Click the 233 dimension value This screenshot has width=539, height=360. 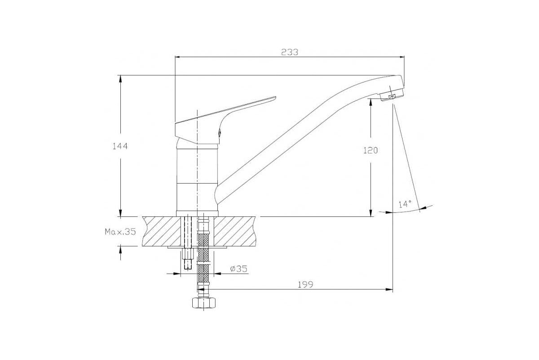pyautogui.click(x=289, y=52)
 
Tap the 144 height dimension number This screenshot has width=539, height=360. pyautogui.click(x=120, y=146)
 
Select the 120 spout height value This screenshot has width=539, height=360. pyautogui.click(x=370, y=150)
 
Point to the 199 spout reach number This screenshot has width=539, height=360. pyautogui.click(x=305, y=285)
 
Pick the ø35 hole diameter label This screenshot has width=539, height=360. pyautogui.click(x=239, y=269)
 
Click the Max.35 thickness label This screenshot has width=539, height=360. pyautogui.click(x=120, y=232)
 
